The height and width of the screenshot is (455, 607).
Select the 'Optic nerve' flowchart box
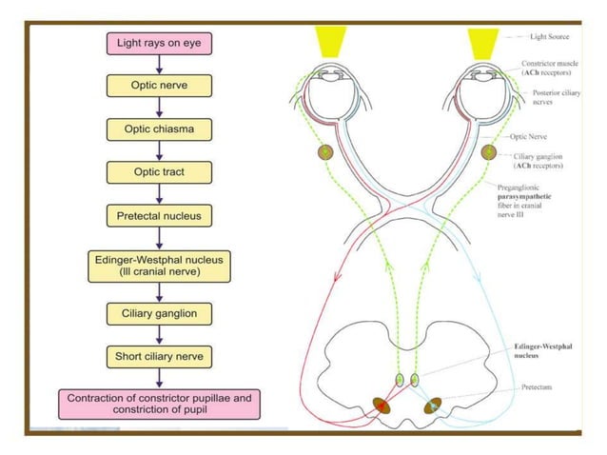coord(159,86)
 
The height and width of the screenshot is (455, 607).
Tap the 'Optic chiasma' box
coord(159,129)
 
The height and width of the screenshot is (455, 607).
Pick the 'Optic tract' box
coord(159,172)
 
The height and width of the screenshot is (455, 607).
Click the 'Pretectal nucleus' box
coord(159,216)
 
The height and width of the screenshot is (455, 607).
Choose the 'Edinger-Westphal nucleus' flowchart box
coord(159,267)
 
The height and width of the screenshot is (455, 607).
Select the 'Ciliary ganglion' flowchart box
coord(159,313)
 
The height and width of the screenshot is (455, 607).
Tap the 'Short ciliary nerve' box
coord(159,357)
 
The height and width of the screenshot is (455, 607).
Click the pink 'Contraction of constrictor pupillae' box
coord(159,403)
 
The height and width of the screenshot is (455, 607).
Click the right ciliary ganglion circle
coord(489,152)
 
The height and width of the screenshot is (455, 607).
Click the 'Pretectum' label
coord(538,387)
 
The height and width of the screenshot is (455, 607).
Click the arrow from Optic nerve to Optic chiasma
coord(159,108)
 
